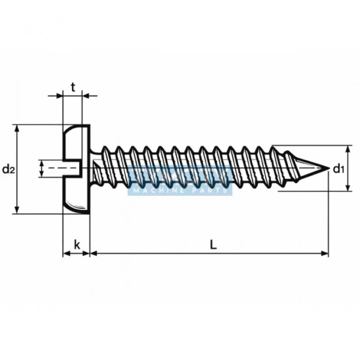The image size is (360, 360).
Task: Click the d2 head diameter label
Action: click(9, 169)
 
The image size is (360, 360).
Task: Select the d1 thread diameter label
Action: click(338, 169)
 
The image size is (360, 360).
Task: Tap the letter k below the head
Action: click(77, 245)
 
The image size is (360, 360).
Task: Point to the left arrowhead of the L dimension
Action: click(94, 254)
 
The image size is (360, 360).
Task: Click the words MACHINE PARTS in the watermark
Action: click(180, 190)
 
